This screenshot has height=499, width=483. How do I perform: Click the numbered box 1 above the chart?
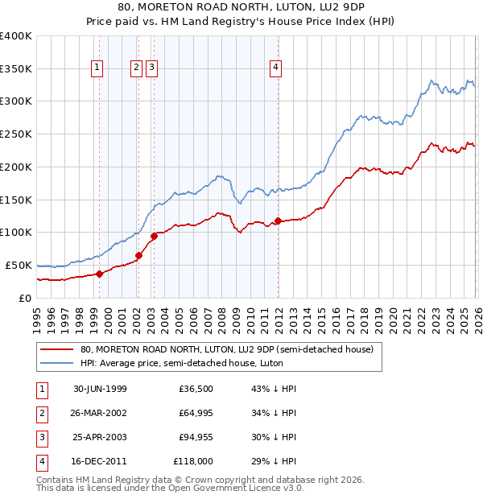(x=97, y=68)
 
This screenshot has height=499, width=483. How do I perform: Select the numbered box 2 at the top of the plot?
(x=136, y=68)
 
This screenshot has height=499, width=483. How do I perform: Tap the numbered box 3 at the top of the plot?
(x=151, y=68)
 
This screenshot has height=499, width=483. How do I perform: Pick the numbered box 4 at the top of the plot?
(x=275, y=68)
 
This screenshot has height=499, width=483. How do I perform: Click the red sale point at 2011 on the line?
(x=277, y=221)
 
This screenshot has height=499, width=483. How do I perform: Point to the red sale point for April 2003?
(x=154, y=236)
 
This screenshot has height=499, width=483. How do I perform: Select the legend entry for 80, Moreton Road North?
(x=226, y=350)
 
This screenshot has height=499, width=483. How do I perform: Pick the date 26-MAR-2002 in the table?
(x=100, y=413)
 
